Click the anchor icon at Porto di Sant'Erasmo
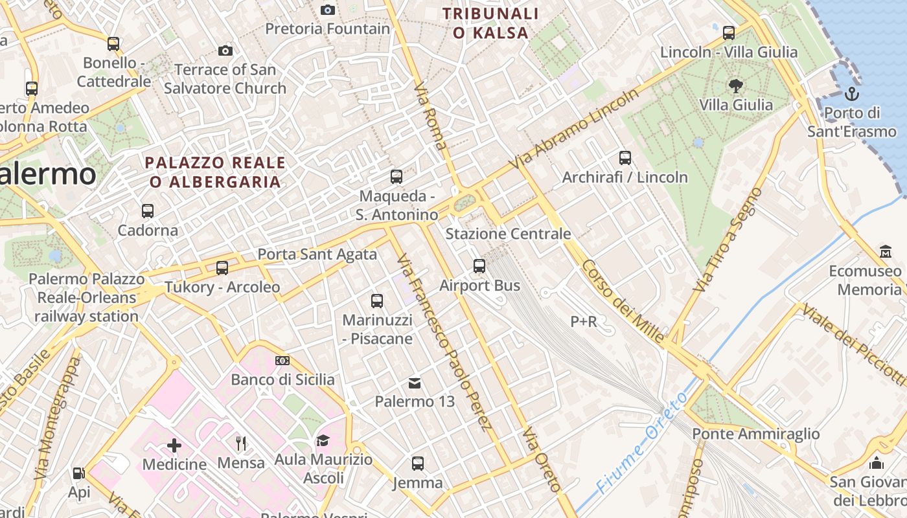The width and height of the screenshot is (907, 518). pyautogui.click(x=852, y=95)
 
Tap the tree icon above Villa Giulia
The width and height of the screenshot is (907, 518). pyautogui.click(x=735, y=85)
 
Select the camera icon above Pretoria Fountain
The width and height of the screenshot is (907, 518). pyautogui.click(x=328, y=10)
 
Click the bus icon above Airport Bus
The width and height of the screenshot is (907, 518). pyautogui.click(x=479, y=265)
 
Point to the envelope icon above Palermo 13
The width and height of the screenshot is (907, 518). pyautogui.click(x=415, y=383)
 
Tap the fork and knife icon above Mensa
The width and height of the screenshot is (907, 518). pyautogui.click(x=241, y=444)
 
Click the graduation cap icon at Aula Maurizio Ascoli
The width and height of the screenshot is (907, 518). pyautogui.click(x=323, y=441)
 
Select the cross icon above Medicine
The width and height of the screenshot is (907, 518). pyautogui.click(x=174, y=445)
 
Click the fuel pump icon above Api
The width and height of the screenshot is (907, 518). pyautogui.click(x=78, y=473)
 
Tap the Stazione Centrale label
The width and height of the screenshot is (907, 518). pyautogui.click(x=509, y=234)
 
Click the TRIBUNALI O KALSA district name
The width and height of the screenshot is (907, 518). pyautogui.click(x=490, y=23)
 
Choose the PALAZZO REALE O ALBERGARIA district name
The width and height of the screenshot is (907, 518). pyautogui.click(x=215, y=172)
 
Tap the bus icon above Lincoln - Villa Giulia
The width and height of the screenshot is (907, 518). pyautogui.click(x=729, y=32)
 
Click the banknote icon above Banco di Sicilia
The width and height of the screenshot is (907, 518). pyautogui.click(x=282, y=361)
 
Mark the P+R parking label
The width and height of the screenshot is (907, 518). pyautogui.click(x=584, y=321)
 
